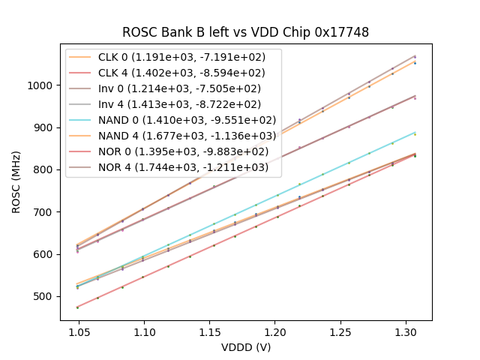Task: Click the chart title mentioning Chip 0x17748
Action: pyautogui.click(x=246, y=32)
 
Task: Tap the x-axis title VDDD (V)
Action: pyautogui.click(x=246, y=347)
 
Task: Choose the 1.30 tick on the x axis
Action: pyautogui.click(x=406, y=329)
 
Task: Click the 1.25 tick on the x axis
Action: pyautogui.click(x=340, y=329)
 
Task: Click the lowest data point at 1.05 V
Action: pyautogui.click(x=78, y=307)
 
